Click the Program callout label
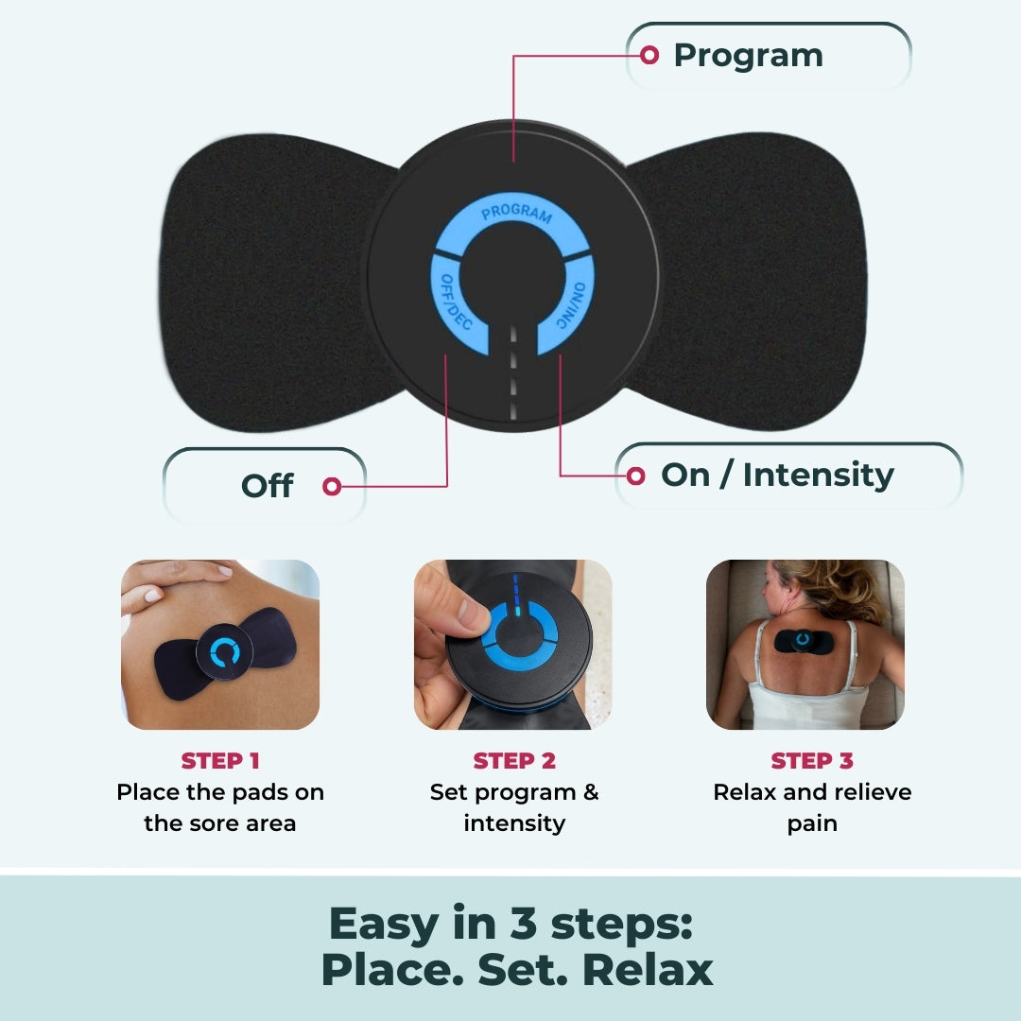[x=748, y=56]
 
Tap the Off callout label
[x=267, y=486]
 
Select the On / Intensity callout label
[x=777, y=475]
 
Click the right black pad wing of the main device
[x=756, y=284]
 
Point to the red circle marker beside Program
[x=649, y=55]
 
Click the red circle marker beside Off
[x=331, y=486]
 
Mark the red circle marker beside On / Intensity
[x=636, y=475]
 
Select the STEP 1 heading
[x=220, y=761]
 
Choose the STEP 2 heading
[x=514, y=761]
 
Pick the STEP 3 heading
[x=812, y=761]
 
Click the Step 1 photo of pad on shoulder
[x=220, y=645]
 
